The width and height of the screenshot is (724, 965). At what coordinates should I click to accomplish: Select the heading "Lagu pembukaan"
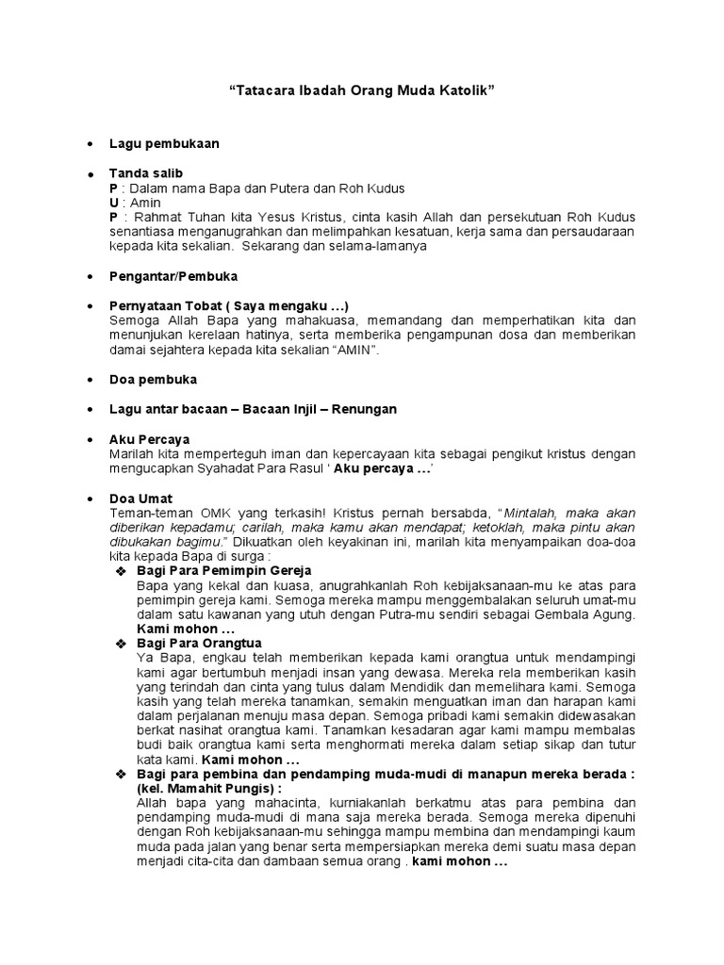164,143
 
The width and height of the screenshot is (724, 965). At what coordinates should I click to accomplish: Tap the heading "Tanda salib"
146,173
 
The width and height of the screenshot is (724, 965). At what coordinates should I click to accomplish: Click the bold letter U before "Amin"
114,203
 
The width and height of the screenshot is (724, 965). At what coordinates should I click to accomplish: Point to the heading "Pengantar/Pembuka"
173,276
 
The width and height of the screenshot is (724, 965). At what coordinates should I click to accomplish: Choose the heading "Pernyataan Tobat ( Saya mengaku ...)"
229,306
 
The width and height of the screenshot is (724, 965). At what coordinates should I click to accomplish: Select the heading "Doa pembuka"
153,380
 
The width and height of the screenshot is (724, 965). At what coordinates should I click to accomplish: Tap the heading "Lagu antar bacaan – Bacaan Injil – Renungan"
253,409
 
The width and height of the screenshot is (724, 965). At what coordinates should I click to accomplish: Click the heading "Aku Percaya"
149,439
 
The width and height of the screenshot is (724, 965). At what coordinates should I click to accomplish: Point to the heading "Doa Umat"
141,498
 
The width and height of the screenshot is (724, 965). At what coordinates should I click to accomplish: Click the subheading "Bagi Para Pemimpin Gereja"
224,571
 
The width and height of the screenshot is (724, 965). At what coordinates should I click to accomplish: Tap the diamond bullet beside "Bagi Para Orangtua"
120,644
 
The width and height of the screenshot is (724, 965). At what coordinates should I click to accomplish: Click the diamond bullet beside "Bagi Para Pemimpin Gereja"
120,572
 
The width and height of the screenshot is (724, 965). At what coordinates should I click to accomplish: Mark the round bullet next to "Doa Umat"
89,499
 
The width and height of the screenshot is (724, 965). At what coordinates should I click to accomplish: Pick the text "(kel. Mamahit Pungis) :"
209,788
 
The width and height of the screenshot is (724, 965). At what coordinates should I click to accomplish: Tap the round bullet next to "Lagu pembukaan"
89,144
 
